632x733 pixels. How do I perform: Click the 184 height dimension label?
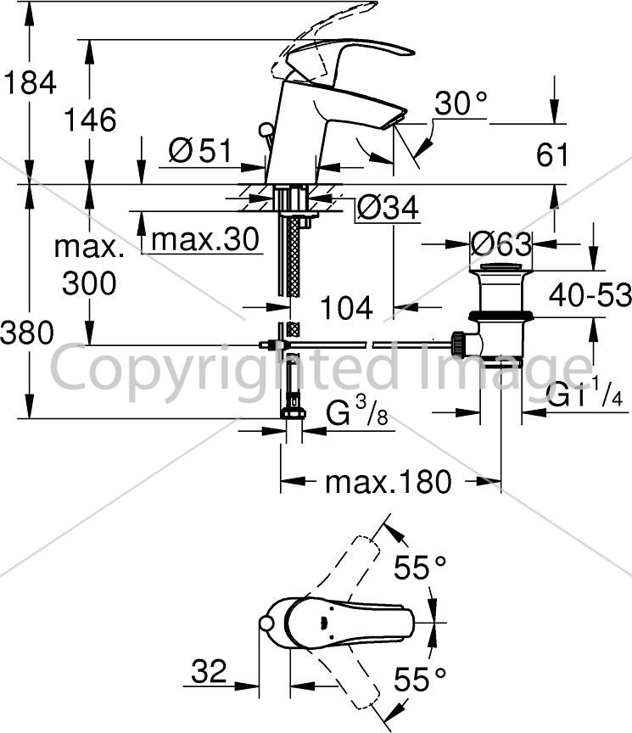click(30, 83)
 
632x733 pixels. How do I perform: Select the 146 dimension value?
click(90, 120)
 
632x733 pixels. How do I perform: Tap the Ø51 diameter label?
click(200, 150)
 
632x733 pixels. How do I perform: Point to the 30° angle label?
click(461, 103)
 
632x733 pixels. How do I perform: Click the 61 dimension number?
click(552, 154)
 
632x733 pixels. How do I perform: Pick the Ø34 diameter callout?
click(388, 208)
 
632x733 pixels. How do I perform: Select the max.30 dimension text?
click(205, 239)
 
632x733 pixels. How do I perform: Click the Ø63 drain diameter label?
click(501, 243)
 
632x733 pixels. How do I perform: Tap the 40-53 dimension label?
click(590, 295)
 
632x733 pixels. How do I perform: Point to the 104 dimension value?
click(346, 308)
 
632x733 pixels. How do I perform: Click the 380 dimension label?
click(27, 333)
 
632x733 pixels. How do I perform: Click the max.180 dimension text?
click(389, 482)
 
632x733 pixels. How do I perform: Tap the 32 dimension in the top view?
click(209, 671)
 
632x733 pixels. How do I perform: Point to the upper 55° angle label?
click(420, 567)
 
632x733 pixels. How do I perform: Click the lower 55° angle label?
click(420, 679)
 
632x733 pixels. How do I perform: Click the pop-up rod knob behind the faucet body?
click(266, 129)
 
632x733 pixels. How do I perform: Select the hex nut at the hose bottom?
click(293, 413)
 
